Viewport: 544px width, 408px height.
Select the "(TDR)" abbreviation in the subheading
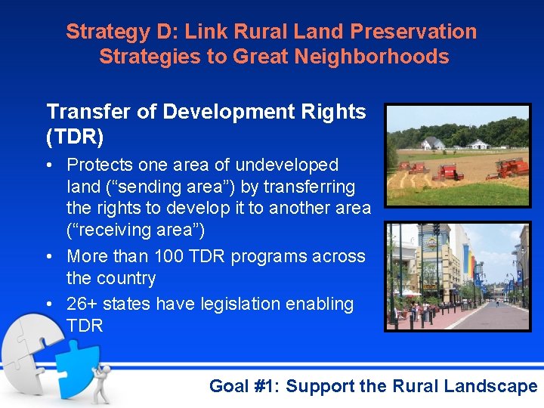75,138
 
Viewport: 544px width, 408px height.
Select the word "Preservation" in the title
414,32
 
